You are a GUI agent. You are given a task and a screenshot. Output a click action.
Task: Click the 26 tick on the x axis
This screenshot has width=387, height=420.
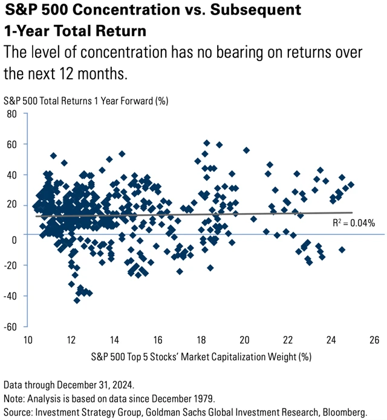[374, 340]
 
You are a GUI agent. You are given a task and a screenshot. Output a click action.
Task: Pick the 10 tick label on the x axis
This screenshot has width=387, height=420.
[28, 340]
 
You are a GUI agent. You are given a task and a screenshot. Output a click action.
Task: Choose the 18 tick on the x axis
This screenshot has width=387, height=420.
[201, 340]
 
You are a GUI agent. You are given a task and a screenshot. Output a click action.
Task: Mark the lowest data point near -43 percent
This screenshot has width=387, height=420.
[77, 300]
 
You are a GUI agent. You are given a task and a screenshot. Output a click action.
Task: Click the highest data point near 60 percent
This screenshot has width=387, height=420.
[207, 143]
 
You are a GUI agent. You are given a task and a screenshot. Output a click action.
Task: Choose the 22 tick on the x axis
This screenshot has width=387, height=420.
[288, 340]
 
